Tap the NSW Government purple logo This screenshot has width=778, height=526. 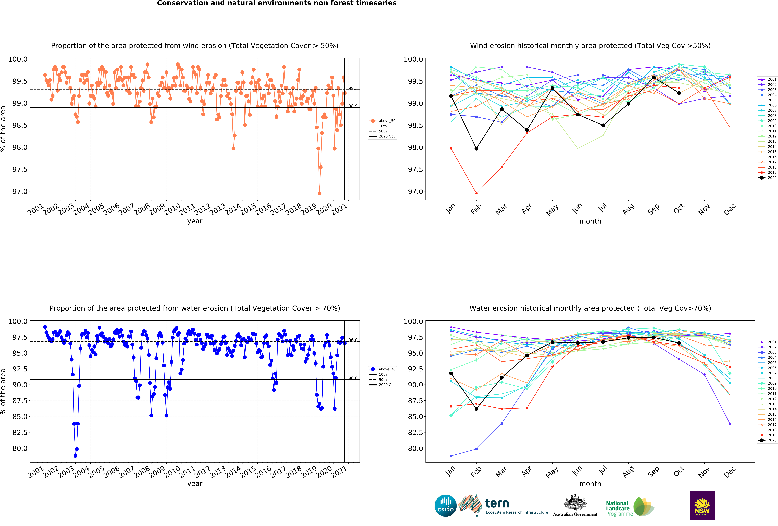(x=702, y=506)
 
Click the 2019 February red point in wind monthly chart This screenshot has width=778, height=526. (x=476, y=193)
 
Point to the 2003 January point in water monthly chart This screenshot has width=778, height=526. (x=451, y=456)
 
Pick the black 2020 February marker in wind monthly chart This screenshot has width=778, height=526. (x=476, y=149)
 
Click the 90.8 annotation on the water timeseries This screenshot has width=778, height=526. (x=353, y=378)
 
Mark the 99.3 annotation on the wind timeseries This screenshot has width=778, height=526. (x=353, y=88)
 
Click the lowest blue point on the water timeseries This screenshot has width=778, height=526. (x=75, y=456)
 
